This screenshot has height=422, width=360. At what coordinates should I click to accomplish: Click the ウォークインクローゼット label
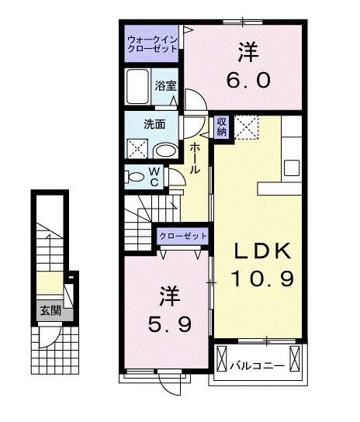click(x=152, y=41)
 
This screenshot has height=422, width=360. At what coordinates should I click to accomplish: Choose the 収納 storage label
click(x=222, y=126)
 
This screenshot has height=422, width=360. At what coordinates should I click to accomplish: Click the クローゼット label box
click(x=183, y=236)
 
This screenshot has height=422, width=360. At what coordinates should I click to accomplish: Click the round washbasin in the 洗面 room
click(x=164, y=150)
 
